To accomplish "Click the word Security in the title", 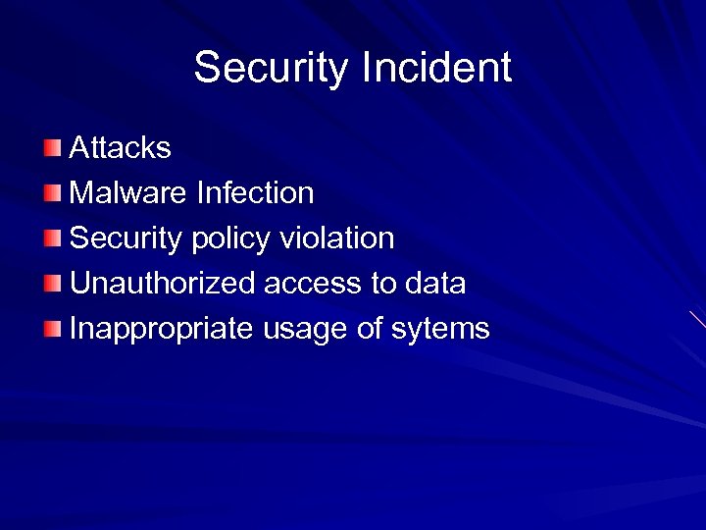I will point(272,69).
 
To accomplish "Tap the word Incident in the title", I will point(436,68).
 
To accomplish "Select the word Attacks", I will point(121,148).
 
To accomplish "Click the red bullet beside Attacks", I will point(52,148).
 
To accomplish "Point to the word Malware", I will point(128,193).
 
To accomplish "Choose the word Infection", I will point(255,193).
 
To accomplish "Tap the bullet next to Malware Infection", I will point(52,193).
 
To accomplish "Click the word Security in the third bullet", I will point(127,238).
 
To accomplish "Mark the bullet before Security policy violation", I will point(52,238).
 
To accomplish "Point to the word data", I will point(434,284).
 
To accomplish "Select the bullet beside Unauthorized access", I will point(52,284).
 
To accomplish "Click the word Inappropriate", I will point(162,330).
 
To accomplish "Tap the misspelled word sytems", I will point(440,330).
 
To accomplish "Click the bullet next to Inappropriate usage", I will point(52,329).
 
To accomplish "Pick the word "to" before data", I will point(382,284).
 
